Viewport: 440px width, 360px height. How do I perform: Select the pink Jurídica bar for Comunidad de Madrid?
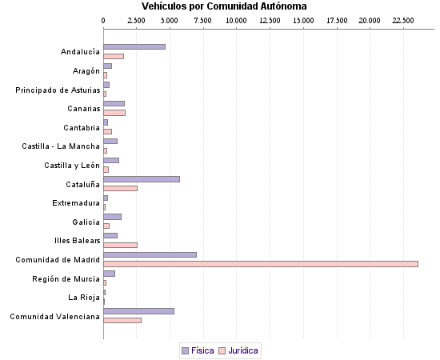(261, 263)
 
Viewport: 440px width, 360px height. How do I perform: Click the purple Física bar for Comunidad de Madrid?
(150, 254)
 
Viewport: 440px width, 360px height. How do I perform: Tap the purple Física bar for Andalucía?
(134, 47)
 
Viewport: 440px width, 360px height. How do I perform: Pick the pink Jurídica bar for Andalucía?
(114, 56)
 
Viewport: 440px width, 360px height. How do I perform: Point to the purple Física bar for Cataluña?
(142, 178)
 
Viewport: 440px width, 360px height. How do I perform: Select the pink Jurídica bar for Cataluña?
(120, 188)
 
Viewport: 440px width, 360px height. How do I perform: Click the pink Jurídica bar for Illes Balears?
(120, 244)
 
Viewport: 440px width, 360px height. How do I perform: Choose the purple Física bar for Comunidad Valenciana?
(138, 310)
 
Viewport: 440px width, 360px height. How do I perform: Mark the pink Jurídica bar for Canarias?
(114, 113)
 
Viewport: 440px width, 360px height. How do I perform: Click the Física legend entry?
(198, 350)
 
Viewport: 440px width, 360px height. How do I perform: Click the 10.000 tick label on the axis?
(237, 20)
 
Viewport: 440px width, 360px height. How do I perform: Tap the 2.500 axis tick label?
(137, 20)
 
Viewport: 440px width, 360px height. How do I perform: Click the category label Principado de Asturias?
(58, 90)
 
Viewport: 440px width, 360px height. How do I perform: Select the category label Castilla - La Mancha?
(61, 146)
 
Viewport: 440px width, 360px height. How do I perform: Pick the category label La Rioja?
(84, 297)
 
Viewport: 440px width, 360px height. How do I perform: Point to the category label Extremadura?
(76, 202)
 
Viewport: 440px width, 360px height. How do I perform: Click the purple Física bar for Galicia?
(112, 216)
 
